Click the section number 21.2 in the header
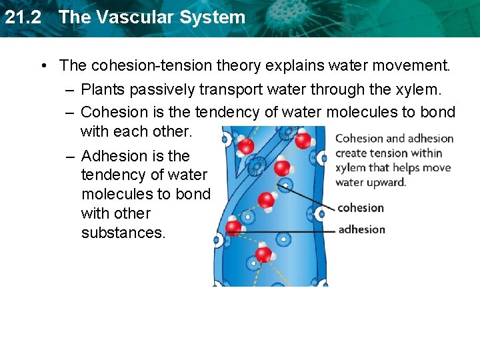[23, 17]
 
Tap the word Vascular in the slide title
[125, 17]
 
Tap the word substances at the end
[123, 233]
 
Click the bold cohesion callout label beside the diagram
[361, 208]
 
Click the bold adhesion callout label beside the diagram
[361, 230]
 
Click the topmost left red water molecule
[246, 145]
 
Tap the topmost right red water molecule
[303, 140]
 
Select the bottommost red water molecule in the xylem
[264, 253]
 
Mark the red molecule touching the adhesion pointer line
[234, 228]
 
